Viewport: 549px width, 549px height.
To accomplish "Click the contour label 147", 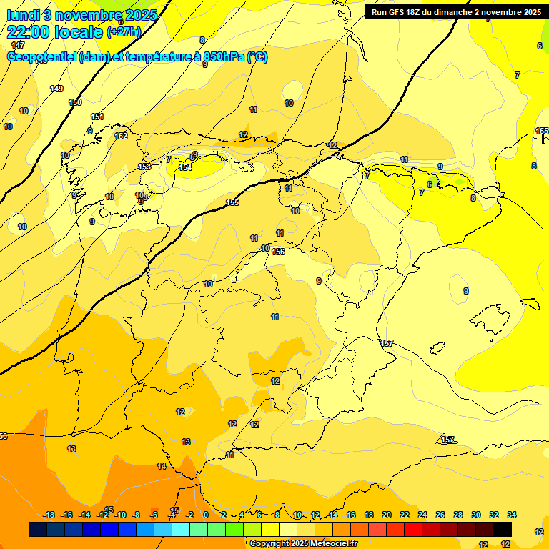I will (x=18, y=45).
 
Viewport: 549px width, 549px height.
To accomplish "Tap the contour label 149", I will (x=56, y=89).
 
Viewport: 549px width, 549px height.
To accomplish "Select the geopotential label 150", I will (x=75, y=102).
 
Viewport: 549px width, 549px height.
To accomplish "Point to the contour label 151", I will (x=98, y=117).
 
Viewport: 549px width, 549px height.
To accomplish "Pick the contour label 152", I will (x=122, y=136).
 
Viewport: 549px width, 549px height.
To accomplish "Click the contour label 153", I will (x=144, y=167).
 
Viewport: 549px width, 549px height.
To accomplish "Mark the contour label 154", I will (x=185, y=167).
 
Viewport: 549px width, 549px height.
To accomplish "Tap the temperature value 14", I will (x=162, y=466).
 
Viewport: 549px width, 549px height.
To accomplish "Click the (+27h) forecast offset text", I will (x=124, y=32).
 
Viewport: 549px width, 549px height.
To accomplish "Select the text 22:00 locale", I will (x=54, y=32).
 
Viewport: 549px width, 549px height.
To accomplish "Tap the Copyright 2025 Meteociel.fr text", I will (x=303, y=543).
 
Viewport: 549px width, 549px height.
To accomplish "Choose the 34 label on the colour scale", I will (x=512, y=515).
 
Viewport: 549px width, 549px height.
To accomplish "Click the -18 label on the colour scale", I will (x=49, y=515).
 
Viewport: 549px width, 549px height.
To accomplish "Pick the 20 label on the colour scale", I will (x=387, y=515).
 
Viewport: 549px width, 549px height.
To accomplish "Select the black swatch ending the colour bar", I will (x=503, y=529).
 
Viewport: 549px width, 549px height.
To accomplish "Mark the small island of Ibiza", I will (x=437, y=348).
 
